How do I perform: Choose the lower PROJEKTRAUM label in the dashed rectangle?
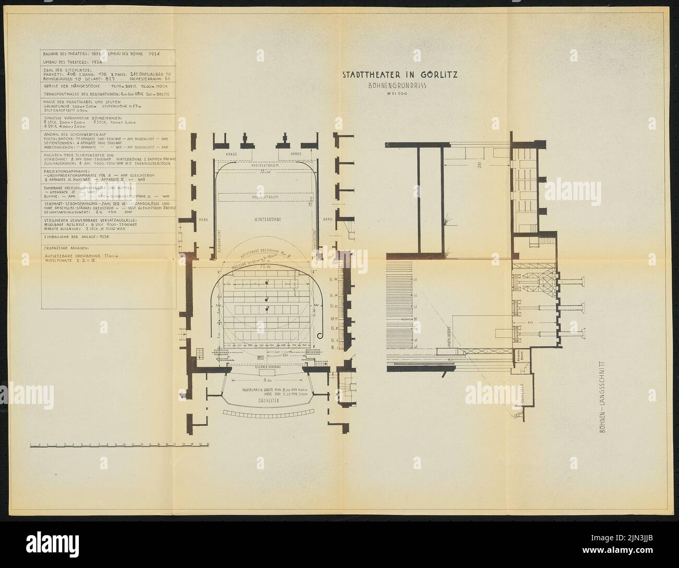click(266, 198)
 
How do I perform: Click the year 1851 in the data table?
click(90, 54)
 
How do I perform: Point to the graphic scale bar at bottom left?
click(119, 446)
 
